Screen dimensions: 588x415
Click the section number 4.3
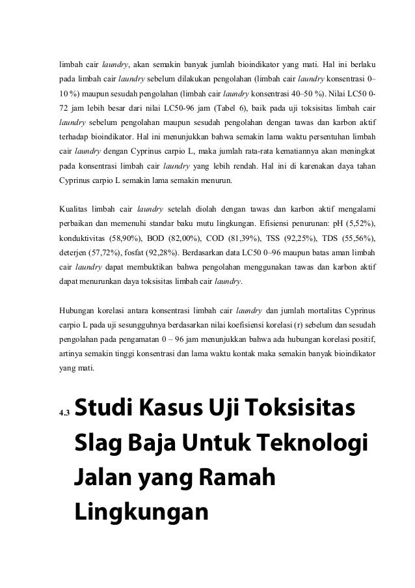(63, 412)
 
